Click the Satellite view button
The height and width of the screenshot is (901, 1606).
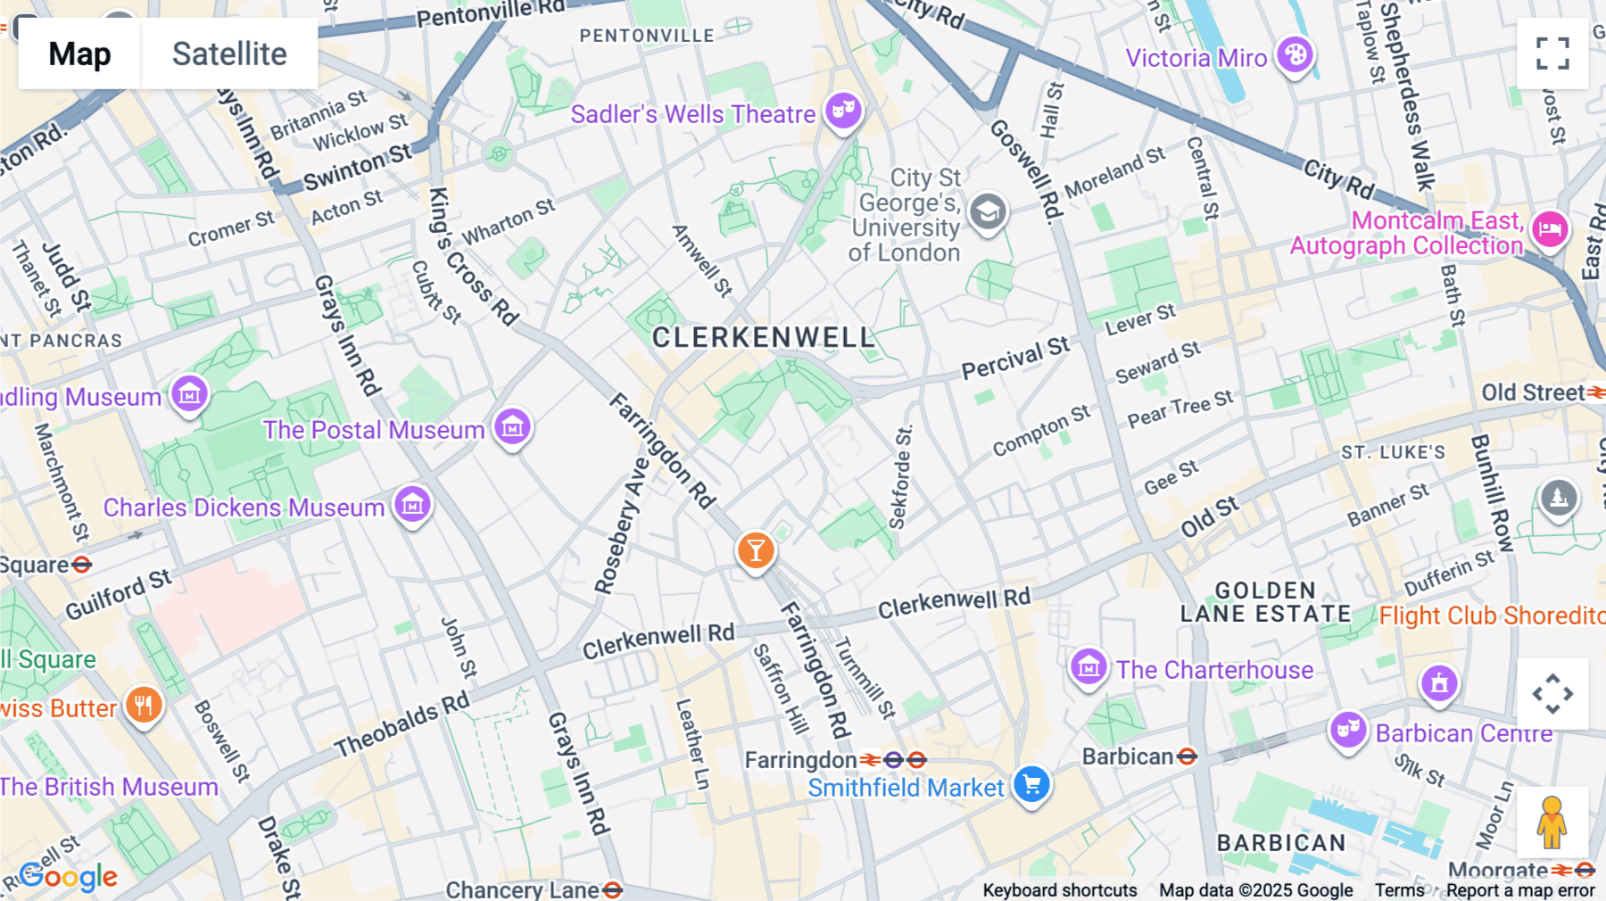(229, 54)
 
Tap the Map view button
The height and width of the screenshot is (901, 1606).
(79, 54)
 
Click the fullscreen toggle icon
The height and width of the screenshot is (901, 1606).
(1552, 54)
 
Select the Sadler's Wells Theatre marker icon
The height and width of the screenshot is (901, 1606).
(843, 112)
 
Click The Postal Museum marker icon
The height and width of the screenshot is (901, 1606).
(513, 427)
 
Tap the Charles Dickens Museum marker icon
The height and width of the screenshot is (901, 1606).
(412, 505)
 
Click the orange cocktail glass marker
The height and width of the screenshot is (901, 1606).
(756, 550)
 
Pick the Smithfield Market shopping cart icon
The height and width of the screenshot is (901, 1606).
(1032, 785)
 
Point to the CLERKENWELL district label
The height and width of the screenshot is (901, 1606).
(764, 337)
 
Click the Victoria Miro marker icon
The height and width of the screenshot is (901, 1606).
(1295, 55)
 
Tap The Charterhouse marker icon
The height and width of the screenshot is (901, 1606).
(1089, 666)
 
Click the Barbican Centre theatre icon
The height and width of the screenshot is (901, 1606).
(1348, 730)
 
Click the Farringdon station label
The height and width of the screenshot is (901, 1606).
(800, 760)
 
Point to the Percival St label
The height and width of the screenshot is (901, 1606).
(1014, 359)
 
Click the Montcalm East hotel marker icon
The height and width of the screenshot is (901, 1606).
(1551, 229)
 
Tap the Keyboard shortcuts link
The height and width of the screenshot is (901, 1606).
(1059, 890)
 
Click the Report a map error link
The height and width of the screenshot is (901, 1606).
(1520, 890)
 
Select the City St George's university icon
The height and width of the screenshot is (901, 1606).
(988, 212)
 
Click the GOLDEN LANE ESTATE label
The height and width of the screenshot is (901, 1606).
(1265, 602)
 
